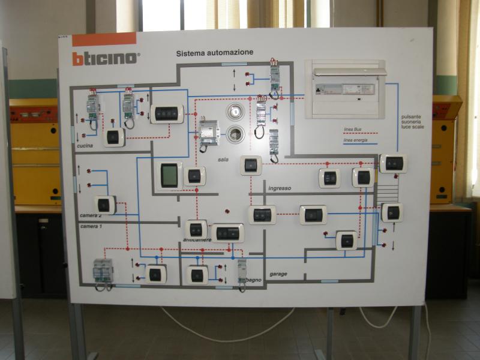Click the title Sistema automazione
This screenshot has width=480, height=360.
(214, 52)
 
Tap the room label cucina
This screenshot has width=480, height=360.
(85, 146)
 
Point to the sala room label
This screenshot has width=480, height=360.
(223, 160)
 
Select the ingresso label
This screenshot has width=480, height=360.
(280, 188)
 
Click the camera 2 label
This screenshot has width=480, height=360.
(91, 215)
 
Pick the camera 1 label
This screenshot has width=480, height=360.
(91, 226)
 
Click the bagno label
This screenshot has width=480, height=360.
(254, 280)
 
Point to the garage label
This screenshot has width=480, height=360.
(278, 274)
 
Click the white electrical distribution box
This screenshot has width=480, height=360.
(345, 88)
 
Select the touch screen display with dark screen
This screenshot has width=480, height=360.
(169, 175)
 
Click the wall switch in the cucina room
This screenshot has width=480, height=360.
(113, 137)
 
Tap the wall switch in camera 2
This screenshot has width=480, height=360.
(104, 205)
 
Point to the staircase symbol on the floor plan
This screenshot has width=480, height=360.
(387, 193)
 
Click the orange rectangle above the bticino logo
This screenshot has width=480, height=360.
(104, 40)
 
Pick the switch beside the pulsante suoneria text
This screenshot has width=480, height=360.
(394, 163)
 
